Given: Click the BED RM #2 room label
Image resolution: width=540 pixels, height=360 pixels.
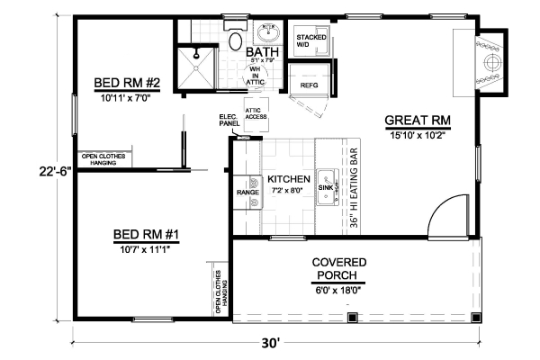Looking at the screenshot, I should (127, 84).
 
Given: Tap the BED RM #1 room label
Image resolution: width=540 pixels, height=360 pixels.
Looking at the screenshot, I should (148, 235).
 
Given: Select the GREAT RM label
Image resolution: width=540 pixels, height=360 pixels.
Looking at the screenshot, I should (417, 120).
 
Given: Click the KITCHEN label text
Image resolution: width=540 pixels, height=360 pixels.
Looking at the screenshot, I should (289, 178).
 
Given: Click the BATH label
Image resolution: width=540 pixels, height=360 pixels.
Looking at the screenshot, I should (263, 52).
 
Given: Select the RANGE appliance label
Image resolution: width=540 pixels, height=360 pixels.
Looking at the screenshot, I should (247, 193).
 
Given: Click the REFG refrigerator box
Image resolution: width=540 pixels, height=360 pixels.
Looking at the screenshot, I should (309, 85).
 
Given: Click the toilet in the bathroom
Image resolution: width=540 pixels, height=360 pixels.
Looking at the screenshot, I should (234, 39).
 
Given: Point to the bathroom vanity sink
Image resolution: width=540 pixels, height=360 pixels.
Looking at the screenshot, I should (267, 33).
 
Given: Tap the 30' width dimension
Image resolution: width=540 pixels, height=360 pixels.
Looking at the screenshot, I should (272, 342).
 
